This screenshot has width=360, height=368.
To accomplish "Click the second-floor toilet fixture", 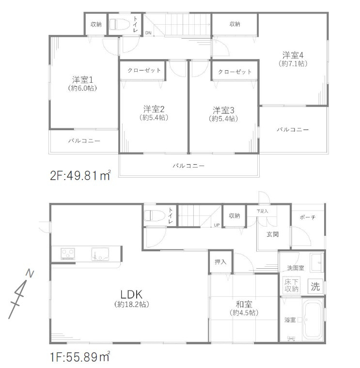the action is tap(119, 24).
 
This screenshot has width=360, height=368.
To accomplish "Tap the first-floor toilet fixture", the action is tap(154, 215).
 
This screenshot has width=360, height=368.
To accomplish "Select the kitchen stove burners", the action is tap(68, 254).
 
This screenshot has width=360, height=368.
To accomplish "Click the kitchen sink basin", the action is tap(100, 254).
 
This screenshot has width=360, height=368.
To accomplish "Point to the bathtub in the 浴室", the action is tap(313, 320).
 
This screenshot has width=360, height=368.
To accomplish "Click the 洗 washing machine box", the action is tap(315, 286).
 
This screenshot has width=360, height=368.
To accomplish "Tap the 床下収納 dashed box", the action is tap(291, 285).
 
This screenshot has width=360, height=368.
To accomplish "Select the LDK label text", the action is tap(131, 294).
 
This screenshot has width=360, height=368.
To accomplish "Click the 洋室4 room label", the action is tap(293, 55).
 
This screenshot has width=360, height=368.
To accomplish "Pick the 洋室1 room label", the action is tap(82, 80).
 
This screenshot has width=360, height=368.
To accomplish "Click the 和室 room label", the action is tap(244, 305).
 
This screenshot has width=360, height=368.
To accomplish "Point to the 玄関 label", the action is tap(272, 234).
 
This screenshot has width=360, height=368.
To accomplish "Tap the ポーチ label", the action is tap(308, 217).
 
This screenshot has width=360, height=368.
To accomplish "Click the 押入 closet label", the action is tap(220, 261).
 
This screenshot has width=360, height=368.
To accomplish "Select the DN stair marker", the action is tap(148, 33).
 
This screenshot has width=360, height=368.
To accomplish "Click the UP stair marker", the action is tap(217, 225).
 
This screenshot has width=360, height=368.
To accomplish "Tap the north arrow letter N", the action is tap(30, 273).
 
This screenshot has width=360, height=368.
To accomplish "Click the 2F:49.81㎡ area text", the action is tap(80, 175).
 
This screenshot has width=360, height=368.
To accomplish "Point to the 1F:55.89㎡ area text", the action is tap(80, 357).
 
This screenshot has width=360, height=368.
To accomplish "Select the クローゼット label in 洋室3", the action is tap(235, 72).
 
